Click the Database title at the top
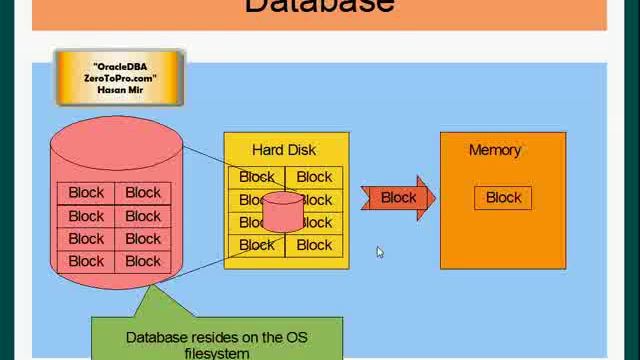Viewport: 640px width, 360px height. (319, 6)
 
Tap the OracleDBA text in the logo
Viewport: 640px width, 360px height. (119, 66)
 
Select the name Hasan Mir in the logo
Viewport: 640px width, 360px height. (119, 89)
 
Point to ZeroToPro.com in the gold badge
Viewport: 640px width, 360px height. (119, 78)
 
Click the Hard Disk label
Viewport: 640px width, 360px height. (284, 150)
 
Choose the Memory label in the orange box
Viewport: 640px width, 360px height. (495, 150)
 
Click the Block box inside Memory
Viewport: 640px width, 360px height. (503, 198)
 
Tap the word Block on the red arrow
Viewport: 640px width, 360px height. (398, 198)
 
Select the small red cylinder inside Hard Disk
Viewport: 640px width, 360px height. (283, 211)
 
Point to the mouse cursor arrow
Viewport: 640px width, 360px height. (380, 252)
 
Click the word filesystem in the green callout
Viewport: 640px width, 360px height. (216, 353)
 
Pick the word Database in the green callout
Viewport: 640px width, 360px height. (158, 338)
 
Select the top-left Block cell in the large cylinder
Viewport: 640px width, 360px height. (86, 193)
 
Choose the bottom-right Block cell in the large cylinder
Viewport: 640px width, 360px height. (143, 261)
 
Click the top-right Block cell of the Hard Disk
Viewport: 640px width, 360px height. (314, 177)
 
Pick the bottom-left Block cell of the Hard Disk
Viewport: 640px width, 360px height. (256, 245)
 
